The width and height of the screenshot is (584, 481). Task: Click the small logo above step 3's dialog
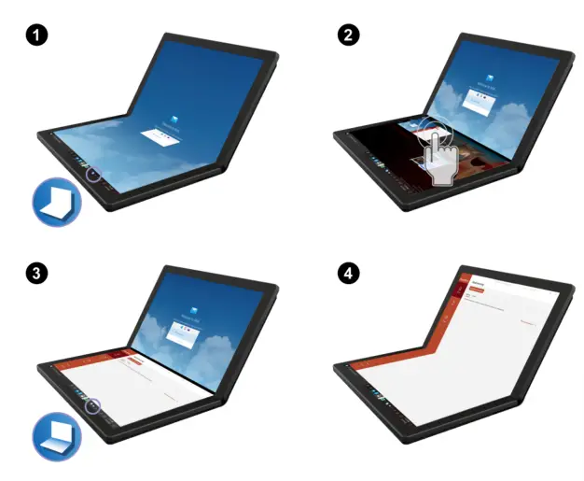185,315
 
